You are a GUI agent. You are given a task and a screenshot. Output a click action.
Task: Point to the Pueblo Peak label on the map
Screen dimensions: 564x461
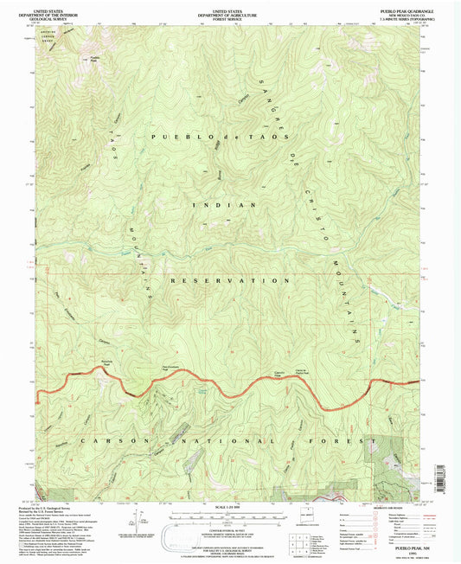coord(95,60)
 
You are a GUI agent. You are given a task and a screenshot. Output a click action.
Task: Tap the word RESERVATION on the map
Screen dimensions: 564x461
coord(230,281)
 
